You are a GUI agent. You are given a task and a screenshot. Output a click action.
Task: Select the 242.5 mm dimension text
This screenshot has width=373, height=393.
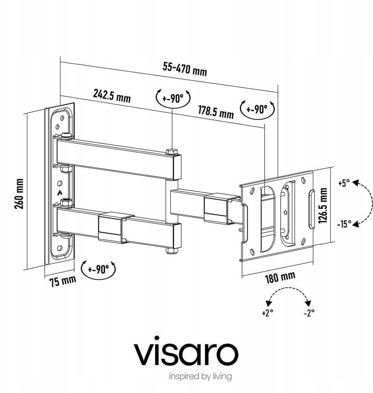(112, 96)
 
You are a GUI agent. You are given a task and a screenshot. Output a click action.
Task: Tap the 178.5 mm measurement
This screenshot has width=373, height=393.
(216, 112)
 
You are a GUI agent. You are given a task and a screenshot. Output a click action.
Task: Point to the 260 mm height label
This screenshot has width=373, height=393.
(19, 193)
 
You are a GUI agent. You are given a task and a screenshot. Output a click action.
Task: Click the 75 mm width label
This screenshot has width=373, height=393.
(62, 281)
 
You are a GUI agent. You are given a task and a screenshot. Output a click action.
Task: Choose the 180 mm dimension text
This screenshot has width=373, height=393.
(280, 277)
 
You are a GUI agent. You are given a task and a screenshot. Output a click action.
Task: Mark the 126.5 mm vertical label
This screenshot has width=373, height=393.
(323, 206)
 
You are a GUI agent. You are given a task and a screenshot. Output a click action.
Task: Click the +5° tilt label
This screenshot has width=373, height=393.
(344, 183)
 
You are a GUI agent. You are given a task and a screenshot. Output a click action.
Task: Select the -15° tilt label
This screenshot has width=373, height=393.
(344, 224)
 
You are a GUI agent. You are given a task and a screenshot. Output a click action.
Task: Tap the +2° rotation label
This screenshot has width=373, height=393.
(267, 313)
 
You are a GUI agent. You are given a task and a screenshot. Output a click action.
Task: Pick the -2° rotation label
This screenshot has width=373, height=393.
(309, 313)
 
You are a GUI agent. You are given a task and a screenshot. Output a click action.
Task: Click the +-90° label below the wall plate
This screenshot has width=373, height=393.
(98, 270)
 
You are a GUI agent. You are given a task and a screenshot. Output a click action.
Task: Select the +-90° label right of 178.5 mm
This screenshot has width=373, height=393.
(257, 109)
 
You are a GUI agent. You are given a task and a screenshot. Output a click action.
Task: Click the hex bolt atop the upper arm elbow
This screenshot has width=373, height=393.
(172, 151)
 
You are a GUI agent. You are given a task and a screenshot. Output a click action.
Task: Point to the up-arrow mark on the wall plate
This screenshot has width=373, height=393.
(59, 193)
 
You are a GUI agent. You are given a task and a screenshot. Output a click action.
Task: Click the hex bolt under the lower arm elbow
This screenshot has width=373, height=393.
(172, 251)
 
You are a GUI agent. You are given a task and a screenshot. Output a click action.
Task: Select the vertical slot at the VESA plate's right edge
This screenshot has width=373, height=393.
(311, 209)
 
